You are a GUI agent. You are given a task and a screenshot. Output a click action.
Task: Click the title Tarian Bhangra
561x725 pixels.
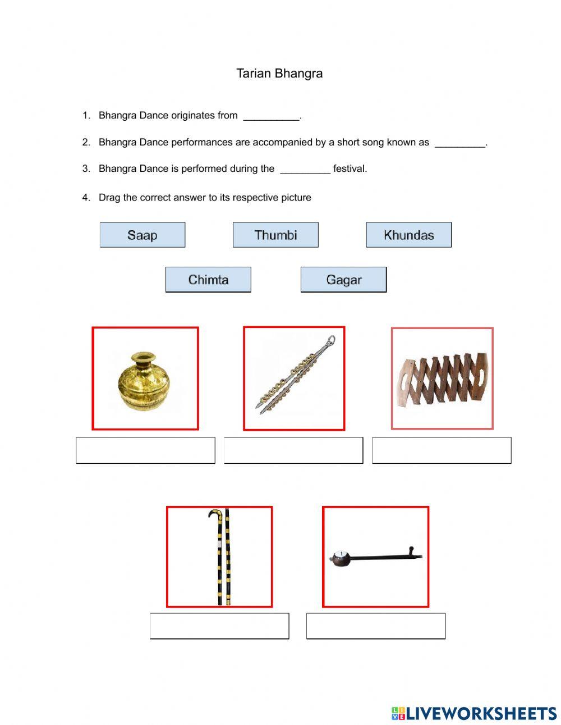click(279, 74)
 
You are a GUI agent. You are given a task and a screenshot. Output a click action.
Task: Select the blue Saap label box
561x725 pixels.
click(142, 235)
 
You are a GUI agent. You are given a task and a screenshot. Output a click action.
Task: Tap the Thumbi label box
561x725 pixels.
click(275, 235)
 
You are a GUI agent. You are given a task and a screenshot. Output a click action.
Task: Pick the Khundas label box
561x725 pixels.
click(408, 235)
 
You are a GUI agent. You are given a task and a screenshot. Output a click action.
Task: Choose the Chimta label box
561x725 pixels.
click(208, 280)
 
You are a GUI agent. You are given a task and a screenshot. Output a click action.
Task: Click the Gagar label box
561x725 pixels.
click(343, 280)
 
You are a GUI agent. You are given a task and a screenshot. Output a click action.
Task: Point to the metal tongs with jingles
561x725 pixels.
click(294, 376)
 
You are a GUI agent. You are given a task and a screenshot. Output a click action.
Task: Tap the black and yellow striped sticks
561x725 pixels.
click(220, 557)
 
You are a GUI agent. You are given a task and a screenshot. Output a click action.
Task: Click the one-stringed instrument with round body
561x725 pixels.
click(375, 557)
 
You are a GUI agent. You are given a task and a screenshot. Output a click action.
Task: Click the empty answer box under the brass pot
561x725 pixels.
click(145, 450)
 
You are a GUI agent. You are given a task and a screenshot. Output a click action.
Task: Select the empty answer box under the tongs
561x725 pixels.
click(293, 450)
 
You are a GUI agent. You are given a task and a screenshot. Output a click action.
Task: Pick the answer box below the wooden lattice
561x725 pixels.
click(442, 450)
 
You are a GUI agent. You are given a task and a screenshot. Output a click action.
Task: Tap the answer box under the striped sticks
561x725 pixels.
click(219, 626)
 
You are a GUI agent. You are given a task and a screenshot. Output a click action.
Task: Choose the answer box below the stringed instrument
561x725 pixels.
click(376, 626)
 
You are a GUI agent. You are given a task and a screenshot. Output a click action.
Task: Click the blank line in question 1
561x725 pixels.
click(272, 117)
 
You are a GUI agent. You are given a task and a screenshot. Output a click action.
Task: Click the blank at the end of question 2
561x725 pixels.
click(460, 144)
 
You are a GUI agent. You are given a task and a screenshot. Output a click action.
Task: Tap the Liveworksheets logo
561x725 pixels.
click(474, 713)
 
